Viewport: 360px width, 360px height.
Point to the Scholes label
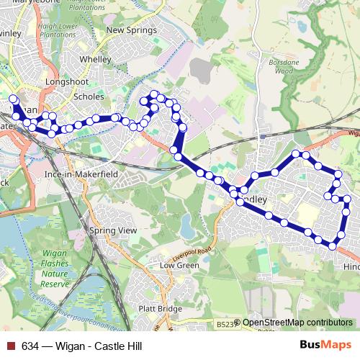[89, 96]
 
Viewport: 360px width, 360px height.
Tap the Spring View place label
[112, 230]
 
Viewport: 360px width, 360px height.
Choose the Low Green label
[179, 265]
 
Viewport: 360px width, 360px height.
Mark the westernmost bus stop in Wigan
[12, 99]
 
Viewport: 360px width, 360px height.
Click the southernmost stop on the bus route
[332, 246]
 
